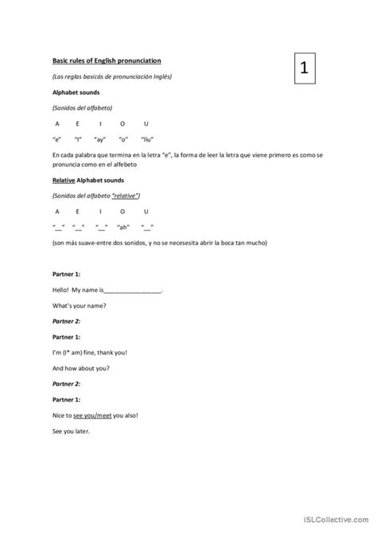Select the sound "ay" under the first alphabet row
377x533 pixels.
[100, 138]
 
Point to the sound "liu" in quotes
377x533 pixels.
[146, 138]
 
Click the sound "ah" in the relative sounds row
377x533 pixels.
[123, 226]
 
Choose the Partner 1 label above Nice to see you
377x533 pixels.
[65, 399]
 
